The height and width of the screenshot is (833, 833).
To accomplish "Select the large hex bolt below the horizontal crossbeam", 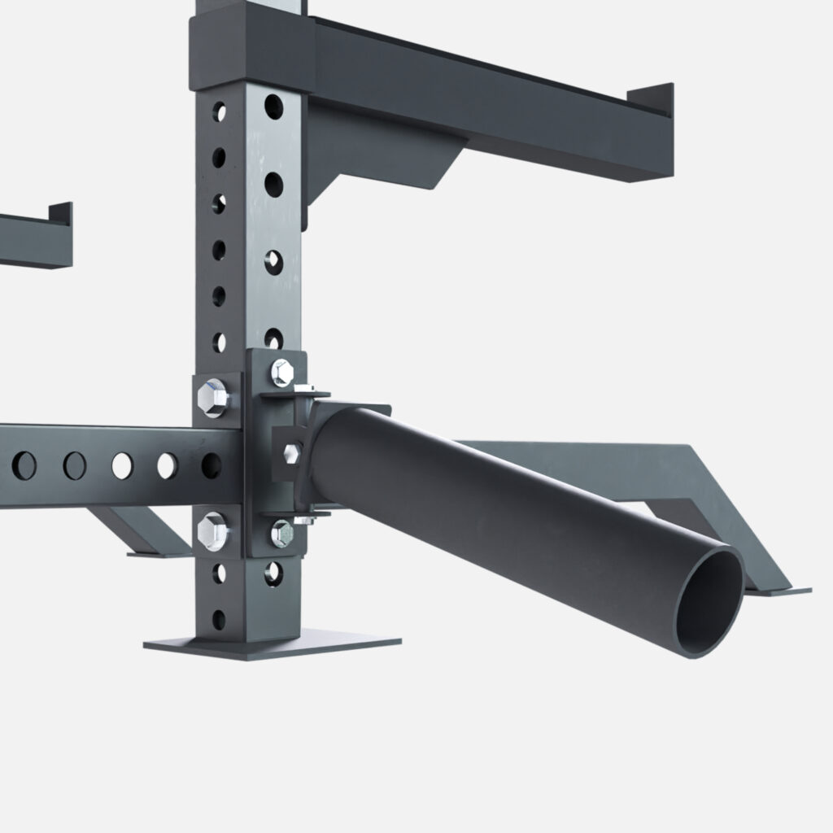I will (x=212, y=530).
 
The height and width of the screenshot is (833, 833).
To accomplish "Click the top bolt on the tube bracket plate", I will (x=282, y=372).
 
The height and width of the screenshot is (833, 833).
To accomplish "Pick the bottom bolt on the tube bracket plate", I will (x=281, y=533).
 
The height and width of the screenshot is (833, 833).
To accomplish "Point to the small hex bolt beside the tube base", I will (x=291, y=451).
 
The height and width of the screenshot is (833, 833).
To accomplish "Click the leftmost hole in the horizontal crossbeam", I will (x=24, y=465).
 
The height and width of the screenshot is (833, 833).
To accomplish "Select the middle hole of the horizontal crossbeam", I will (x=122, y=465).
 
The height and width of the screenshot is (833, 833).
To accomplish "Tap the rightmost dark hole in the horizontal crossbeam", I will (x=211, y=465).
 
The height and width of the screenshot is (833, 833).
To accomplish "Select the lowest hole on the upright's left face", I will (x=218, y=619).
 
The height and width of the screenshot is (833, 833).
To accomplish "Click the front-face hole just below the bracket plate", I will (x=273, y=572).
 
